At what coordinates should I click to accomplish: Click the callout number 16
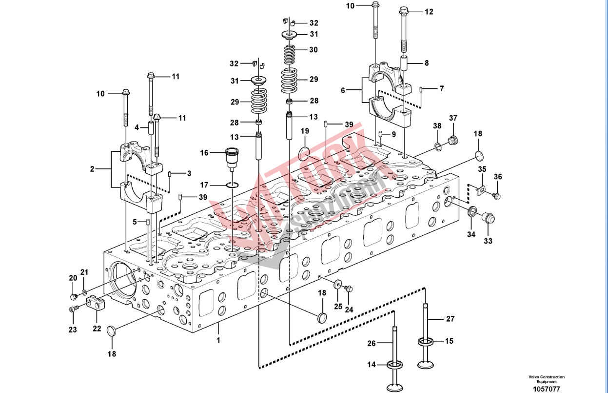coord(204,153)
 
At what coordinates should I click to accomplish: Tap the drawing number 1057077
coord(546,389)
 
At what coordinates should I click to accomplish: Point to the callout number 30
coord(313,50)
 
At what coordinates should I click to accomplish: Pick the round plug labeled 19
coord(304,153)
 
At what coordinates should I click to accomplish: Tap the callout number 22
coord(97,329)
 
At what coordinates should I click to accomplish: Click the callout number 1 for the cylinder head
coord(218,340)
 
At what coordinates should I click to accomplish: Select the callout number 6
coord(343,91)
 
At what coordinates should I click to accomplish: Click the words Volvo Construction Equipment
coord(546,379)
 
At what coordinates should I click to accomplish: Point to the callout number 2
coord(92,169)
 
